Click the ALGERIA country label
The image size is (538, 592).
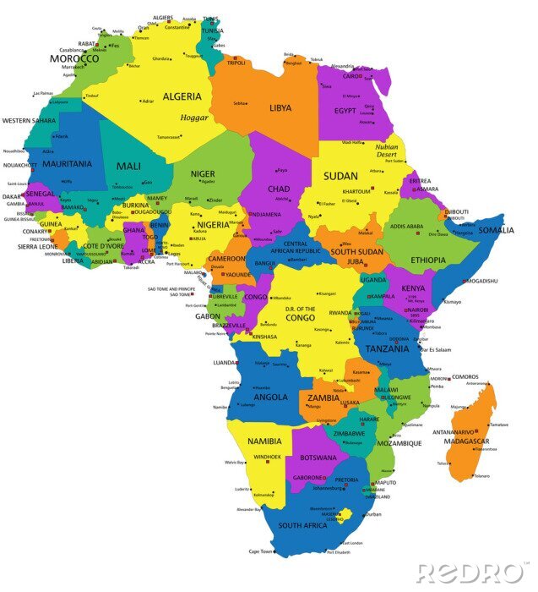tap(182, 96)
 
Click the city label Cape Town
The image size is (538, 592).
tap(261, 551)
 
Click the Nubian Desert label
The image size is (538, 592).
tap(387, 151)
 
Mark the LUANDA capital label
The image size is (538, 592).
tap(226, 362)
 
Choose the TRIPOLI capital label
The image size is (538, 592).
tap(236, 63)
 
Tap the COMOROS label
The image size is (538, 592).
tap(465, 377)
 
